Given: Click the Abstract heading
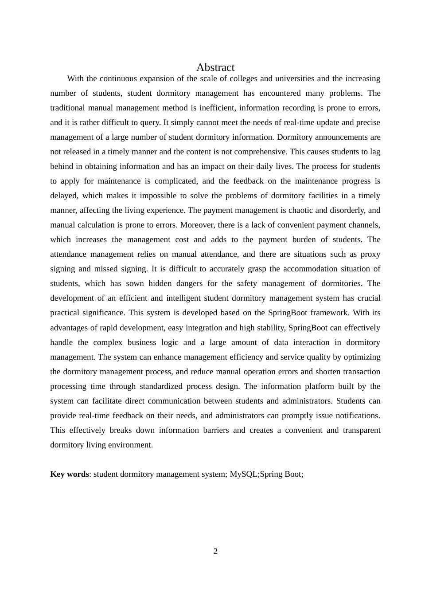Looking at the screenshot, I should coord(215,67).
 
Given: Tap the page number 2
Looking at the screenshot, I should coord(215,551).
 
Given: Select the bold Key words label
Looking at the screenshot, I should coord(70,474).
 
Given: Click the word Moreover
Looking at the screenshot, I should coord(198,225).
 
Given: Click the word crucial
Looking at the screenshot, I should coord(368,298).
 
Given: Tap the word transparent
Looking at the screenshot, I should coord(361,430).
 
